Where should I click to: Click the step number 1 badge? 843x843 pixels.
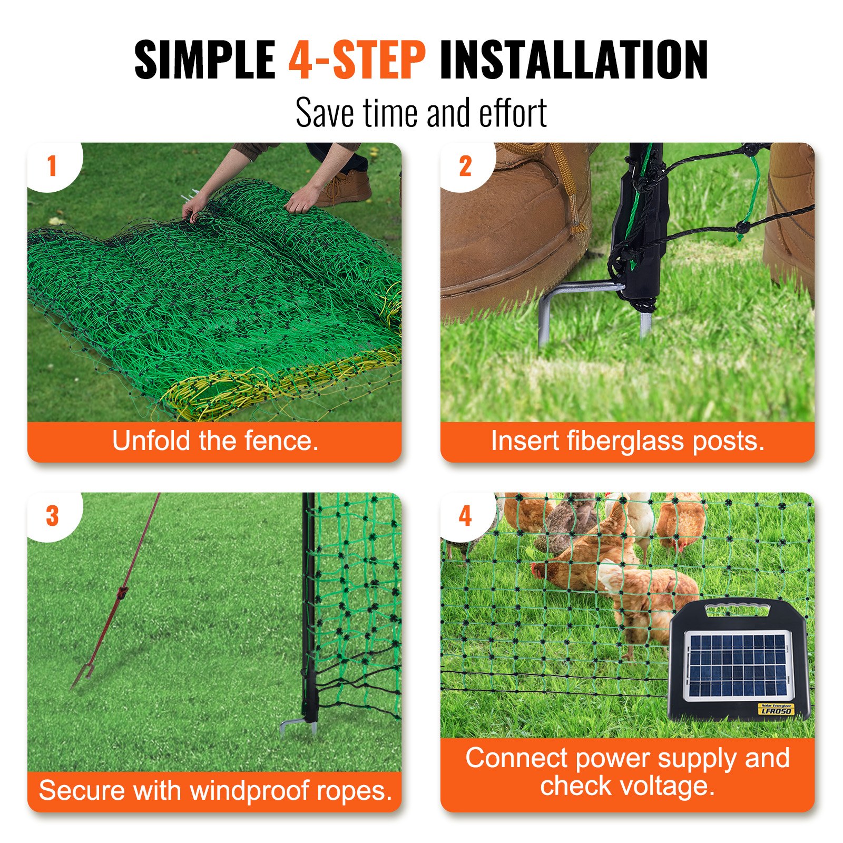coord(52,166)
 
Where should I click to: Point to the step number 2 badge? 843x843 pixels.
coord(465,166)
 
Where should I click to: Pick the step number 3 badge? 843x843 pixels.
coord(52,516)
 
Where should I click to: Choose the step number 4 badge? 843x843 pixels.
coord(465,516)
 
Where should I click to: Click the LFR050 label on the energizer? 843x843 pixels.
coord(776,711)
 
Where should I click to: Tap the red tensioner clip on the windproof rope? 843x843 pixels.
coord(122,592)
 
